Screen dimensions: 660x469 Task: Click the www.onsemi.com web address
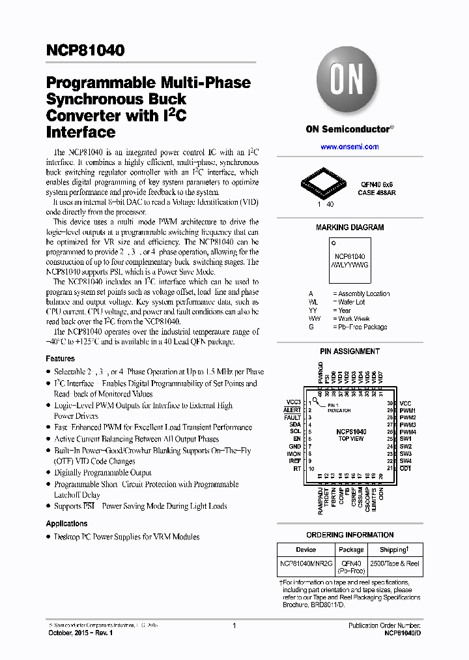349,147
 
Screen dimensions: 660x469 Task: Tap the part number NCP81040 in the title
85,50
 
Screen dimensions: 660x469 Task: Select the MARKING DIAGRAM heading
350,228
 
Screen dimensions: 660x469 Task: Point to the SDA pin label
295,425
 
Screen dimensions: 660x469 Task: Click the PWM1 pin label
408,410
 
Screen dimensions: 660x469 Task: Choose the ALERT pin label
292,410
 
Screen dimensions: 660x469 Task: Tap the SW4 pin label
406,461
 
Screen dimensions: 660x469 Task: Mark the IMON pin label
294,454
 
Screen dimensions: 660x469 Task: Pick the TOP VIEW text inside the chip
351,440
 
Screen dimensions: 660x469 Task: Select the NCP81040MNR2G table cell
306,563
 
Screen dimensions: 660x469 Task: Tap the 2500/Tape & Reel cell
395,563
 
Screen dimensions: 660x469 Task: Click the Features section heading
60,359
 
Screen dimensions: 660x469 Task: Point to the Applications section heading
66,524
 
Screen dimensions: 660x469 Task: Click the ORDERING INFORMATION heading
350,535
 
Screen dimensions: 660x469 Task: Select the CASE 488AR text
377,193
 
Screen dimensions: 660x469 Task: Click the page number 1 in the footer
234,625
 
